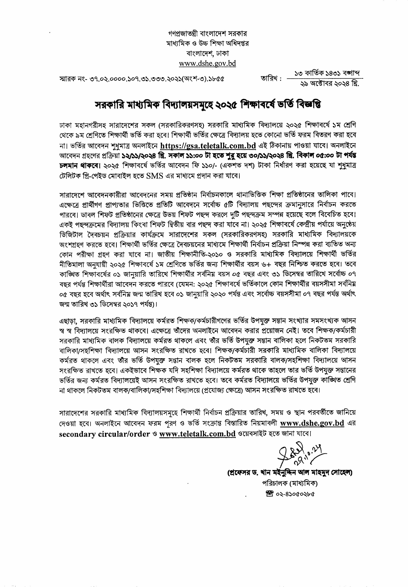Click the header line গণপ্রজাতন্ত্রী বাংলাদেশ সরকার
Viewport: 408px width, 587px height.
(x=208, y=34)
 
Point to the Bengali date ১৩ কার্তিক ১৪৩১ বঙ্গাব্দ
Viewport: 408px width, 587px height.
(x=327, y=73)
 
